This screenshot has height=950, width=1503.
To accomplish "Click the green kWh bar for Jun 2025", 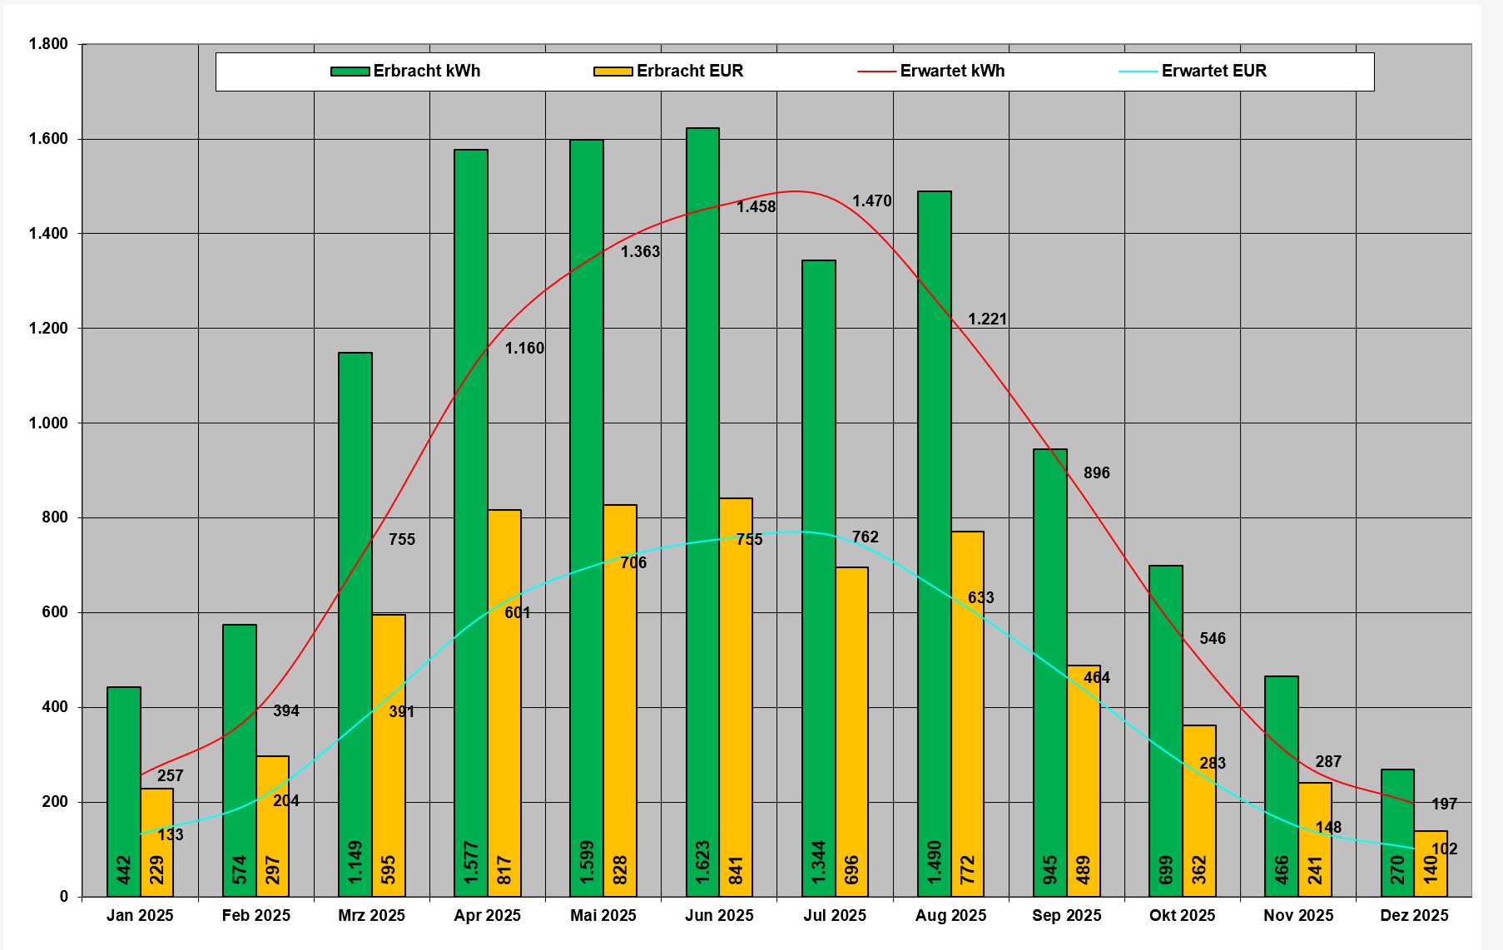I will coord(702,499).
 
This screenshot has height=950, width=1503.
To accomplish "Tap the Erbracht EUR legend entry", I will coord(669,71).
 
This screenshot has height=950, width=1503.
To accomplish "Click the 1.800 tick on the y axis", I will coord(48,44).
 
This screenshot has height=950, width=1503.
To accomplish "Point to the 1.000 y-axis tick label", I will coord(48,423).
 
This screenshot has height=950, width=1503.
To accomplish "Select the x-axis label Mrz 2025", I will coord(371,915).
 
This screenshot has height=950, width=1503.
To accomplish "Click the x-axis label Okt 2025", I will coord(1182,915).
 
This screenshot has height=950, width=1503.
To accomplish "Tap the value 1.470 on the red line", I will coord(871,200).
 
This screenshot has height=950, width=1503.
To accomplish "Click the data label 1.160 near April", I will coord(524,348).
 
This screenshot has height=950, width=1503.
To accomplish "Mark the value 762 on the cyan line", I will coord(865,537).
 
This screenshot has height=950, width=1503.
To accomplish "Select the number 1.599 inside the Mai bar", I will coord(587,863).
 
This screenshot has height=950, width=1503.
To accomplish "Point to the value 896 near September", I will coord(1096,473).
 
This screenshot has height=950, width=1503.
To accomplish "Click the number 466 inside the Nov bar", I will coord(1282,869).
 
